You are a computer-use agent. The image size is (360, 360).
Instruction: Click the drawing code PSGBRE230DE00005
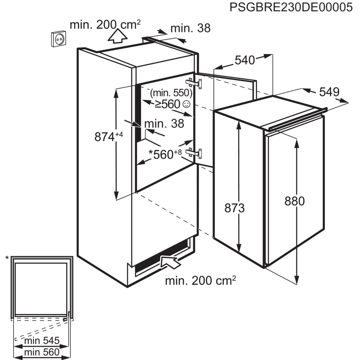pos(291,7)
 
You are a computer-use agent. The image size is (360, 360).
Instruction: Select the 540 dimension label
pos(245,60)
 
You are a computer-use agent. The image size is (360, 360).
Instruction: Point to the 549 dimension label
pos(329,92)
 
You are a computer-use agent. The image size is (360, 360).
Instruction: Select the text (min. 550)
pos(171,93)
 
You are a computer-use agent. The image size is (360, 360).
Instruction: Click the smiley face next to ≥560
pos(186,104)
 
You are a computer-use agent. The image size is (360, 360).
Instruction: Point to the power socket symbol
pos(60,39)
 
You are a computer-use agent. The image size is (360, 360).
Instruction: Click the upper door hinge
pos(198,83)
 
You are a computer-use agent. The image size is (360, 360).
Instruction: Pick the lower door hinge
pos(197,153)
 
